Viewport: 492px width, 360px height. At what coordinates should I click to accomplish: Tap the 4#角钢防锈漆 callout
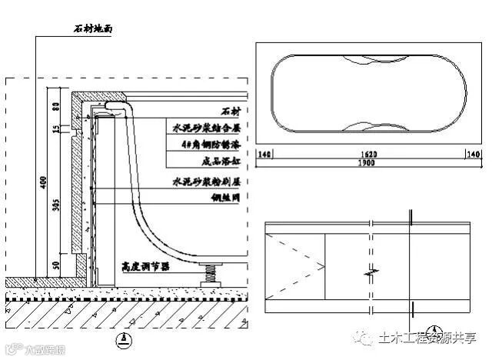pos(206,143)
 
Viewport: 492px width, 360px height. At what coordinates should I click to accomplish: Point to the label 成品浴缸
pos(215,162)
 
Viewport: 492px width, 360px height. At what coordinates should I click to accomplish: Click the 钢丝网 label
pos(224,198)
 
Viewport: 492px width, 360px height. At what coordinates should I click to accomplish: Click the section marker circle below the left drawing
pos(116,338)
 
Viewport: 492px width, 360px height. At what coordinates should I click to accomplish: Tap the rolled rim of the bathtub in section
pos(115,104)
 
